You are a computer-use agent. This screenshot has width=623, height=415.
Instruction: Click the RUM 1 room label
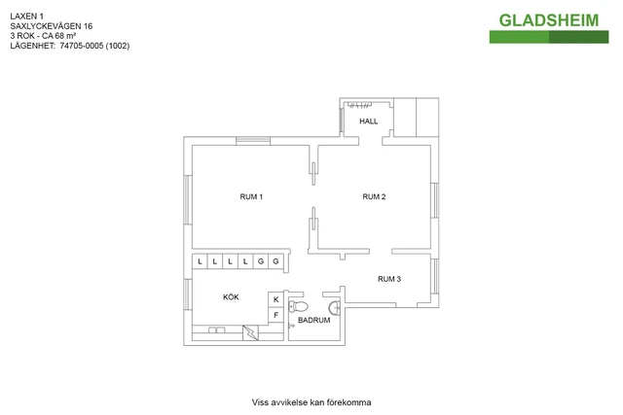[251, 196]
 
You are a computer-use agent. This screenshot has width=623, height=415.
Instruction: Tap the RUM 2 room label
[374, 196]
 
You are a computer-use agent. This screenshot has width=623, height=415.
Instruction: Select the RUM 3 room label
[389, 279]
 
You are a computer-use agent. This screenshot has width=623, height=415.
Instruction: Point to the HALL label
[368, 121]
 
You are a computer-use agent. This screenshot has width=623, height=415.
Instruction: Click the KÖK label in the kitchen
[231, 297]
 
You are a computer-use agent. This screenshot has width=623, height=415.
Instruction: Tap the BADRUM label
[313, 320]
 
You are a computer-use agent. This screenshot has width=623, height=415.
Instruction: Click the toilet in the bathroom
[299, 307]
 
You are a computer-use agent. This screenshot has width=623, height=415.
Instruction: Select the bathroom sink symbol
[335, 307]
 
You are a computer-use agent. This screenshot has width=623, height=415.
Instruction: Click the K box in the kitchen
[275, 299]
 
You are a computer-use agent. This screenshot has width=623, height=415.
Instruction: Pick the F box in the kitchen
[275, 316]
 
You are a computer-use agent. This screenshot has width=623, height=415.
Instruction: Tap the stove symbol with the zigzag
[250, 332]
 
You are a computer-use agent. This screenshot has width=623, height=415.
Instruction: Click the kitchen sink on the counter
[216, 329]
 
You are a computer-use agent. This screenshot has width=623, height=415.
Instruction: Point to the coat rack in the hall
[359, 105]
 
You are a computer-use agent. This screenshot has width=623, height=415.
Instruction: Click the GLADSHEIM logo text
[549, 20]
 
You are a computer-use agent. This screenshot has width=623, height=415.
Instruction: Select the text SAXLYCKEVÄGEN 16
[52, 26]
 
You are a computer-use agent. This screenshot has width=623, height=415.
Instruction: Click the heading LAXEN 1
[26, 17]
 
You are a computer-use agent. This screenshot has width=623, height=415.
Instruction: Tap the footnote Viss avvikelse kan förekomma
[311, 402]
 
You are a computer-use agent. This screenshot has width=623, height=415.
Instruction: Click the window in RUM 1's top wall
[253, 141]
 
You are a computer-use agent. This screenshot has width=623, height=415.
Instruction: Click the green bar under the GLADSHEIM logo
[549, 37]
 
